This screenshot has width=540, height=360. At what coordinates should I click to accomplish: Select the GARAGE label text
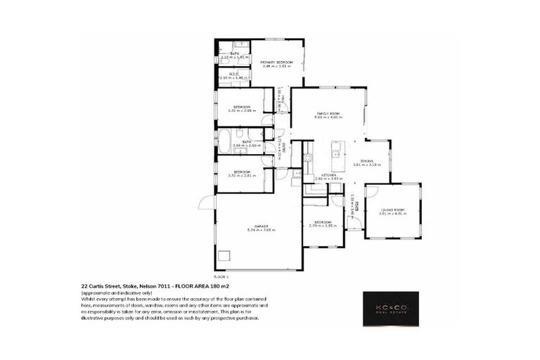(x=259, y=225)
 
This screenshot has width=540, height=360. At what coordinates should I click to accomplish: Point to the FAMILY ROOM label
(x=328, y=112)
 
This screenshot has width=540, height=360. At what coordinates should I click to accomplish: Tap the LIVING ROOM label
(x=392, y=210)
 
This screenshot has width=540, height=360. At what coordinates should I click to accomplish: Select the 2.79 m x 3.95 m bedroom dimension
(x=323, y=225)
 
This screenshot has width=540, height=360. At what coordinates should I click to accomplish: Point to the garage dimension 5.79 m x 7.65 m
(x=259, y=230)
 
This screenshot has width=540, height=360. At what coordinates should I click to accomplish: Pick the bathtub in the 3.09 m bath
(x=224, y=141)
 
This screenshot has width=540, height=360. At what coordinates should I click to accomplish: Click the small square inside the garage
(x=224, y=257)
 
